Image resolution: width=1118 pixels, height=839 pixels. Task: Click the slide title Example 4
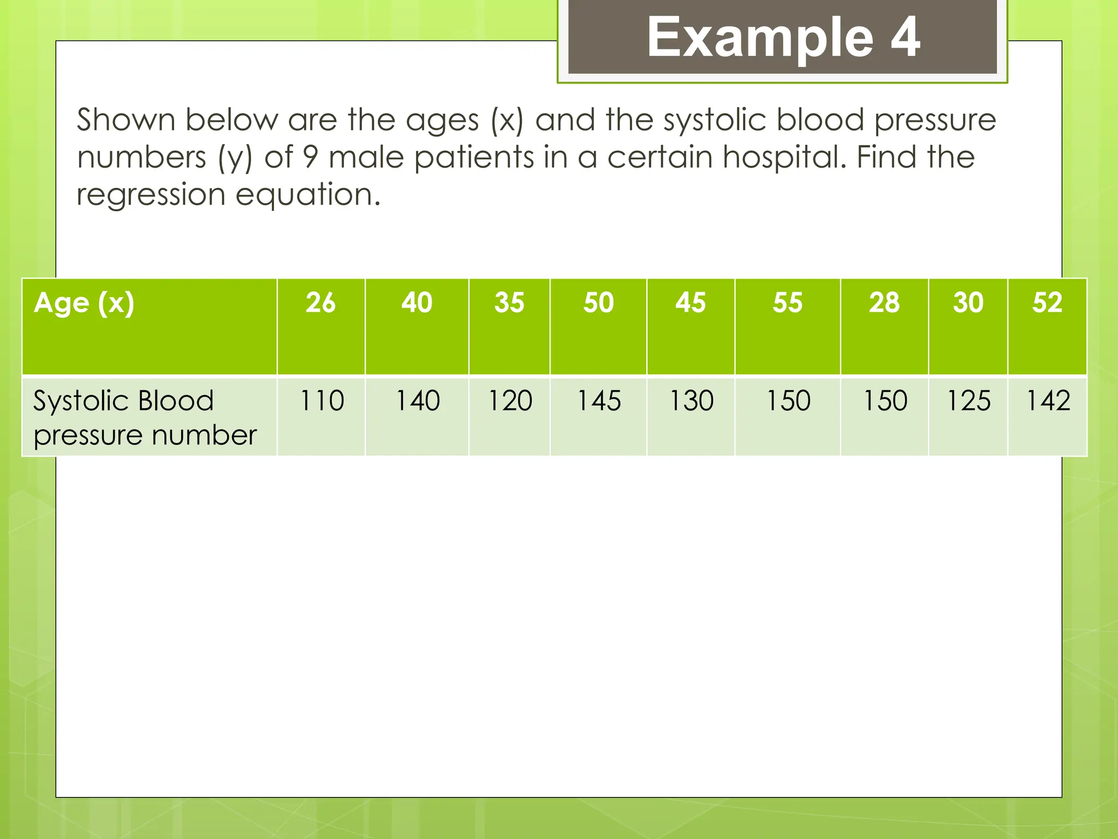coord(783,37)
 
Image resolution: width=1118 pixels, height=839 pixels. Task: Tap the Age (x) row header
coord(84,303)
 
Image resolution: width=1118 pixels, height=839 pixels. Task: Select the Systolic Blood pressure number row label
coord(144,418)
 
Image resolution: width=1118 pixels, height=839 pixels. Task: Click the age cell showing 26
coord(320,303)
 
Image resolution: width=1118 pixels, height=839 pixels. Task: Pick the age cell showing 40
coord(417,303)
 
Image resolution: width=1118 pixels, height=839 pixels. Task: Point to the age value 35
coord(509,303)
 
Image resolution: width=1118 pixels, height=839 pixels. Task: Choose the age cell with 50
coord(598,303)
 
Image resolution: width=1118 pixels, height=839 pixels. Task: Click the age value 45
coord(691,303)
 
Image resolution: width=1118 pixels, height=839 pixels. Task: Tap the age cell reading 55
coord(787,303)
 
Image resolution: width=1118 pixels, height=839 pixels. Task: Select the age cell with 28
coord(884,303)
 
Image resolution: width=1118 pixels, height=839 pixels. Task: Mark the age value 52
coord(1047,303)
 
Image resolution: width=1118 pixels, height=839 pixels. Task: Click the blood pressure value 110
coord(322,401)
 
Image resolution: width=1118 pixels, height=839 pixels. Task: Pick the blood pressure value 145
coord(599,401)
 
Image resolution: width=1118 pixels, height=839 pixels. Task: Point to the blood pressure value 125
coord(968,401)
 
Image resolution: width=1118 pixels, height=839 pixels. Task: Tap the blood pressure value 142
coord(1048,401)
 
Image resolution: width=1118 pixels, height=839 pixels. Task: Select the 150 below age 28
coord(885,401)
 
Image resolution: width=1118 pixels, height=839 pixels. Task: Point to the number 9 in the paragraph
coord(310,158)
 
